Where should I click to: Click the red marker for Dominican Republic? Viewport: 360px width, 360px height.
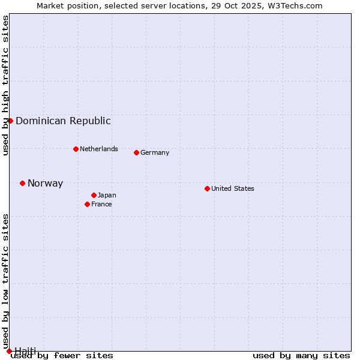[x=10, y=121]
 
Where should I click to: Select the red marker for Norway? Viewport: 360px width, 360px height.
[x=22, y=183]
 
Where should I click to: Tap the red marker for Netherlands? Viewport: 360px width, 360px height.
[x=76, y=149]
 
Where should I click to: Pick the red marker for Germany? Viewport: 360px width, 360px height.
[x=136, y=152]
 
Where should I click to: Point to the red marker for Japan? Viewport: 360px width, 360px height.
[x=94, y=195]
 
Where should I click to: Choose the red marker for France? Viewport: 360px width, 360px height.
[x=87, y=204]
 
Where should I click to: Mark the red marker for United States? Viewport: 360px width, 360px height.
[x=207, y=188]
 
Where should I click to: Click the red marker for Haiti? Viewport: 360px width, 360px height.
[x=9, y=351]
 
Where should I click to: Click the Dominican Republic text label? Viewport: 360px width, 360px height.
[x=63, y=121]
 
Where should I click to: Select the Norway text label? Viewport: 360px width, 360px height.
[x=45, y=184]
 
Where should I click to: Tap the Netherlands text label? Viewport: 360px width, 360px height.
[x=99, y=149]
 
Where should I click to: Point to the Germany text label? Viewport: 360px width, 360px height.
[x=155, y=152]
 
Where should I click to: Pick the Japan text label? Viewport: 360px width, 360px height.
[x=107, y=195]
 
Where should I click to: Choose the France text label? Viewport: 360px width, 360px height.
[x=101, y=204]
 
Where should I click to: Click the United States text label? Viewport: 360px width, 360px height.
[x=233, y=188]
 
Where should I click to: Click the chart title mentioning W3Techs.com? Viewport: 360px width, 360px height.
[x=179, y=5]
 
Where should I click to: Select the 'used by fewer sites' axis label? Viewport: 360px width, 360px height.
[x=62, y=355]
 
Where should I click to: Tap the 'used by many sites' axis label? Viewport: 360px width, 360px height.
[x=301, y=355]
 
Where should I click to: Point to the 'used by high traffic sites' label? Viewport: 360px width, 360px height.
[x=5, y=85]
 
